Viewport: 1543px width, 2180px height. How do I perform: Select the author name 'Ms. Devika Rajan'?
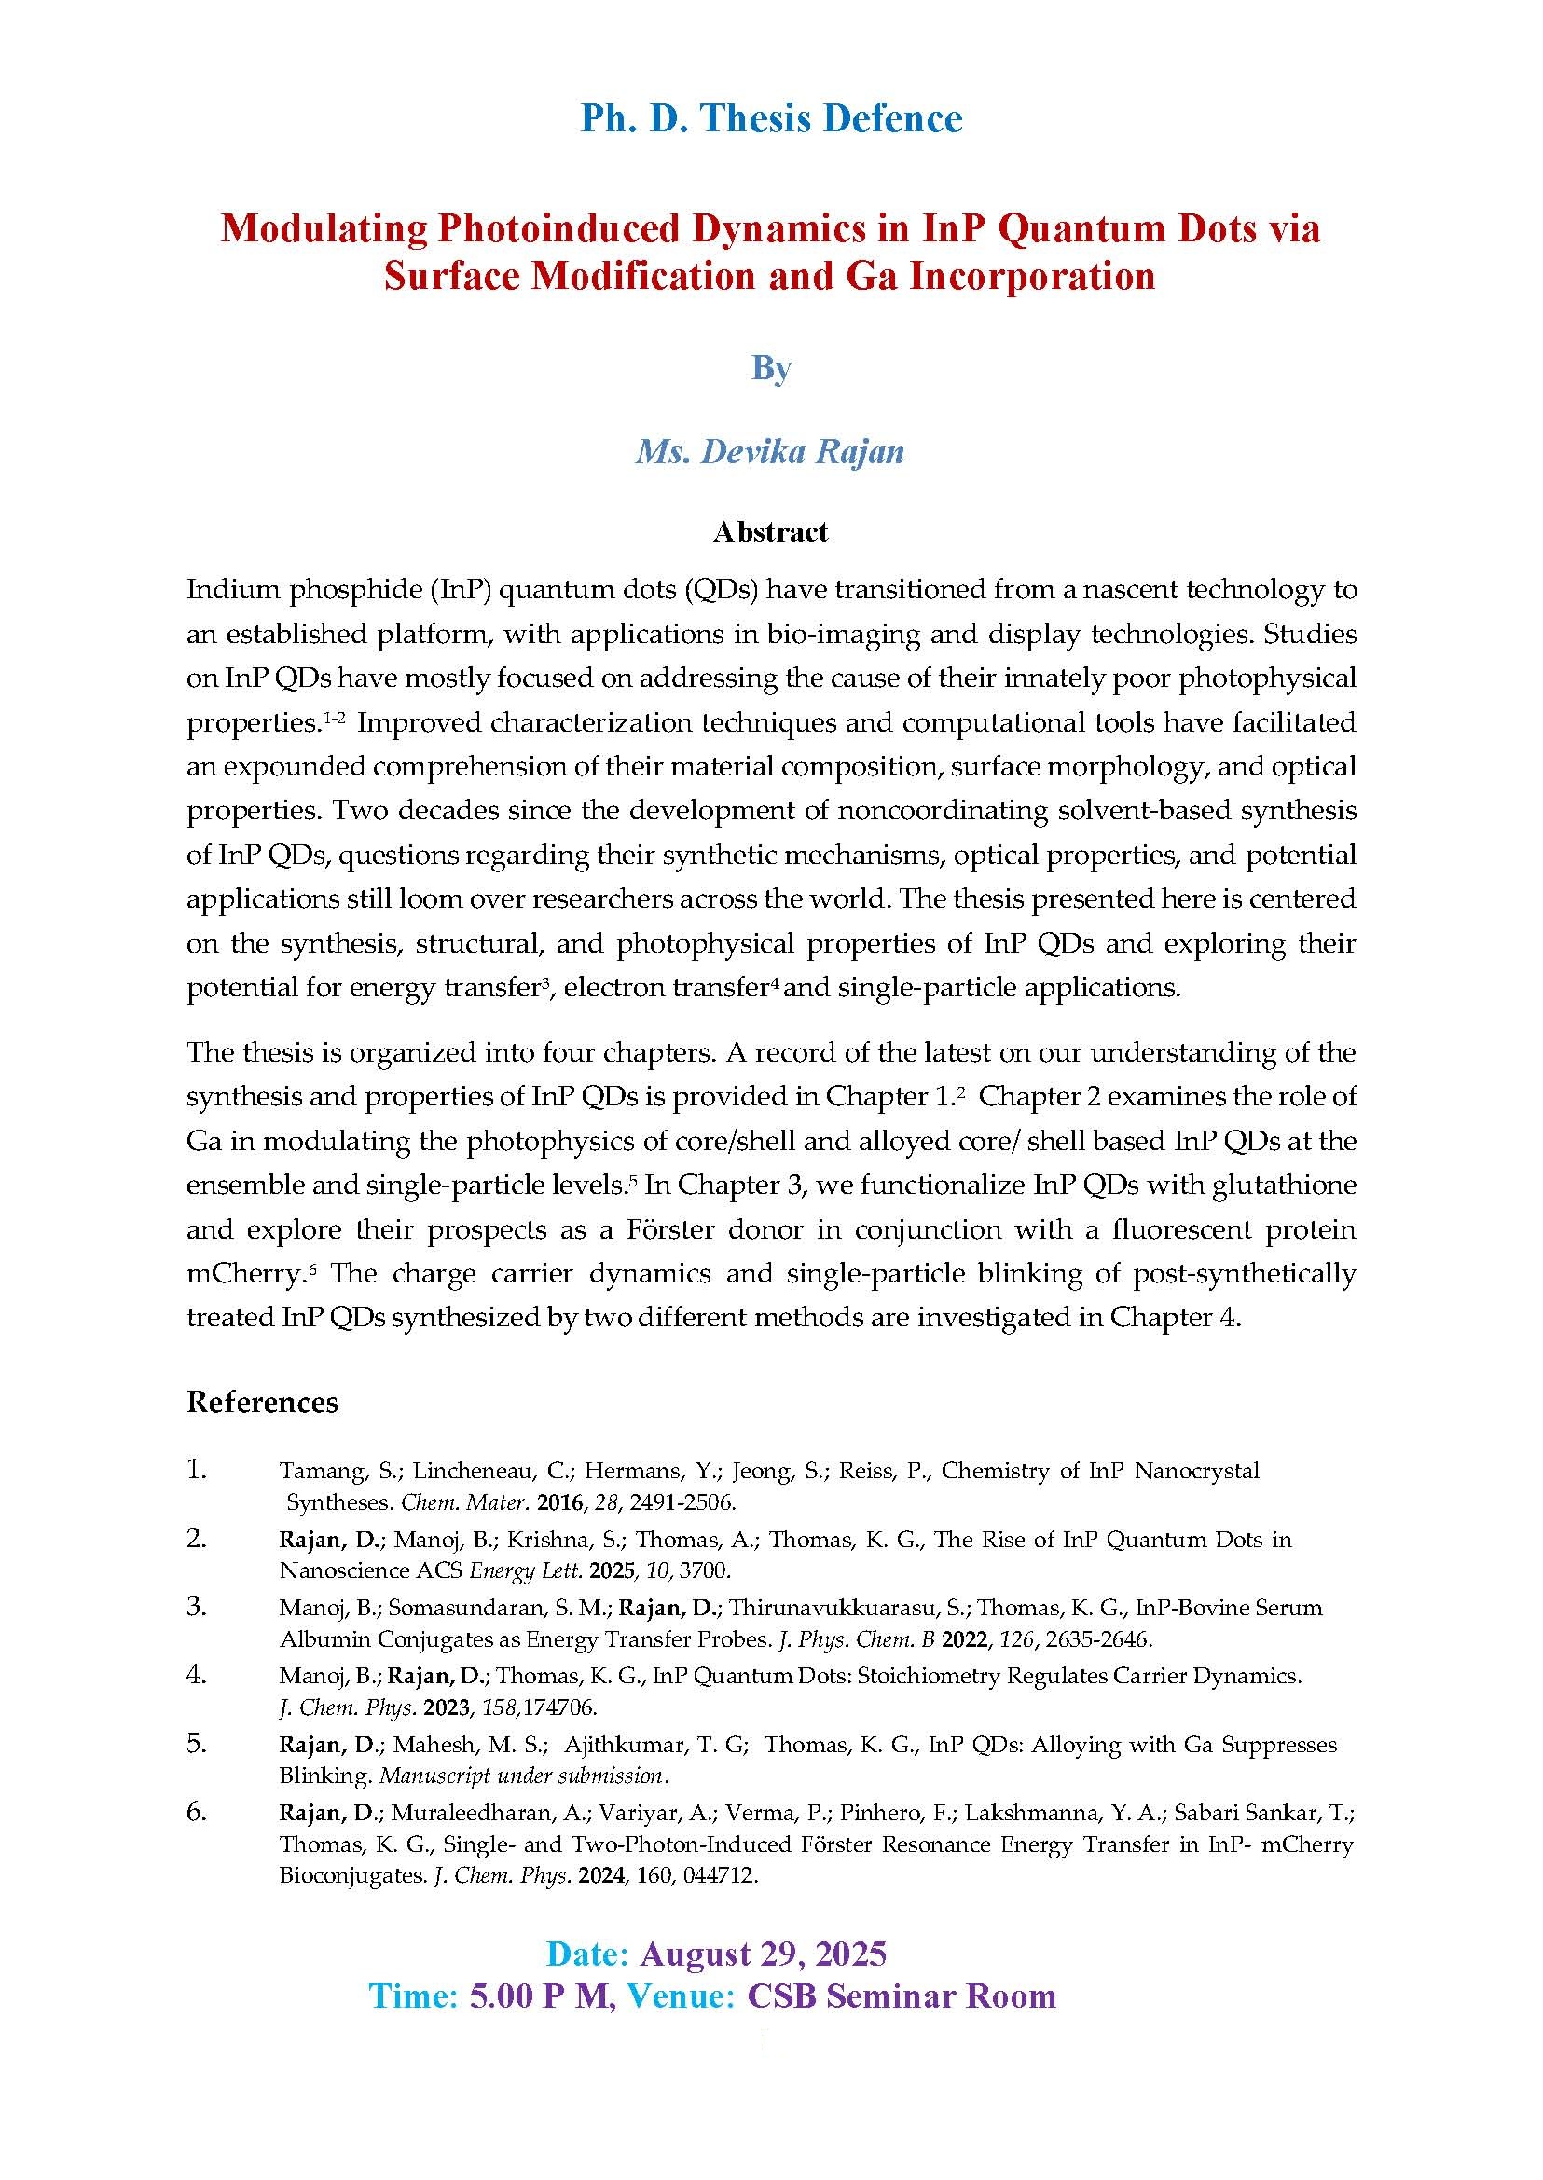click(769, 450)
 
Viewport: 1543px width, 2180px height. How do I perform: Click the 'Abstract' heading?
click(770, 531)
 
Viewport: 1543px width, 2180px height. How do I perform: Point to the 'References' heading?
click(262, 1402)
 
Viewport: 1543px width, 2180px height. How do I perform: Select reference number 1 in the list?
click(196, 1471)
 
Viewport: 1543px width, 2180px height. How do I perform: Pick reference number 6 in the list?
click(196, 1812)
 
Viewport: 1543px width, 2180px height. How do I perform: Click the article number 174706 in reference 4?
click(559, 1707)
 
